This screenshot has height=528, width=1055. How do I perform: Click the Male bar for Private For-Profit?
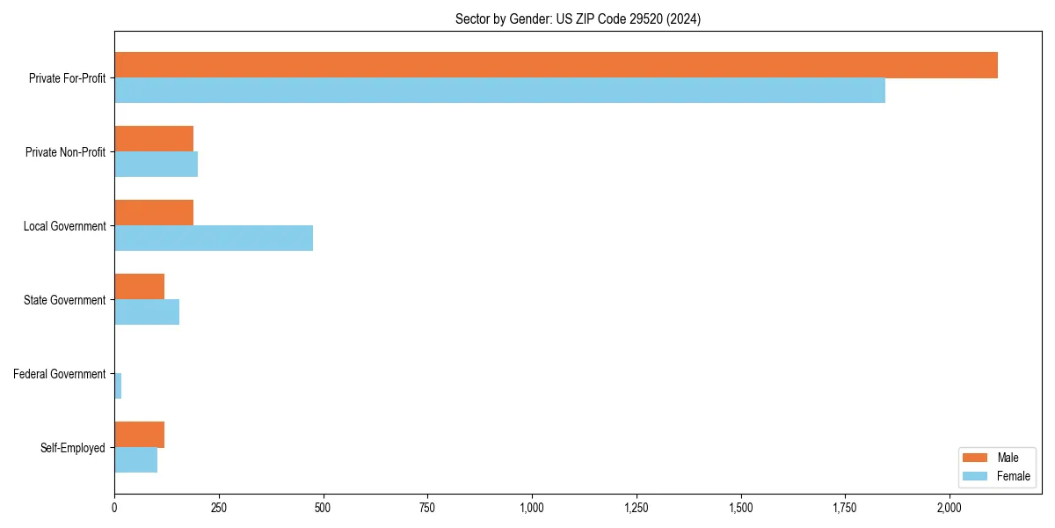(556, 65)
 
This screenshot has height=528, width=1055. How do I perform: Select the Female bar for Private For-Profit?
(499, 91)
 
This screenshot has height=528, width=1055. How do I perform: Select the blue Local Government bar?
(214, 238)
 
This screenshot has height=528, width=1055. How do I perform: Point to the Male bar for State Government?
(139, 287)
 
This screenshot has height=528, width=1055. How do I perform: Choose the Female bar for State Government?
(147, 312)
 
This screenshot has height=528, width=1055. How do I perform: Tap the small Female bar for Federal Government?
(118, 386)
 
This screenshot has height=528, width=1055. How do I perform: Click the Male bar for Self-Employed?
(139, 435)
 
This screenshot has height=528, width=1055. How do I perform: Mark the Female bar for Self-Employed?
(135, 460)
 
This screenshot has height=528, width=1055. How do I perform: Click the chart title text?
(578, 19)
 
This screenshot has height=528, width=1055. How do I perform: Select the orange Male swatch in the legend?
(975, 458)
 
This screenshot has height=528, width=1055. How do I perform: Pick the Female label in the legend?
(1013, 476)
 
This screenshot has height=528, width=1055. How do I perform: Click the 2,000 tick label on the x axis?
(949, 508)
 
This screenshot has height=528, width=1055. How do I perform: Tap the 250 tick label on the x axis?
(219, 508)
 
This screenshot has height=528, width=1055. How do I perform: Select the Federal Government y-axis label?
(60, 374)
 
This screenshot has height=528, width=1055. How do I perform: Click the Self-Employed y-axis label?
(73, 448)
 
